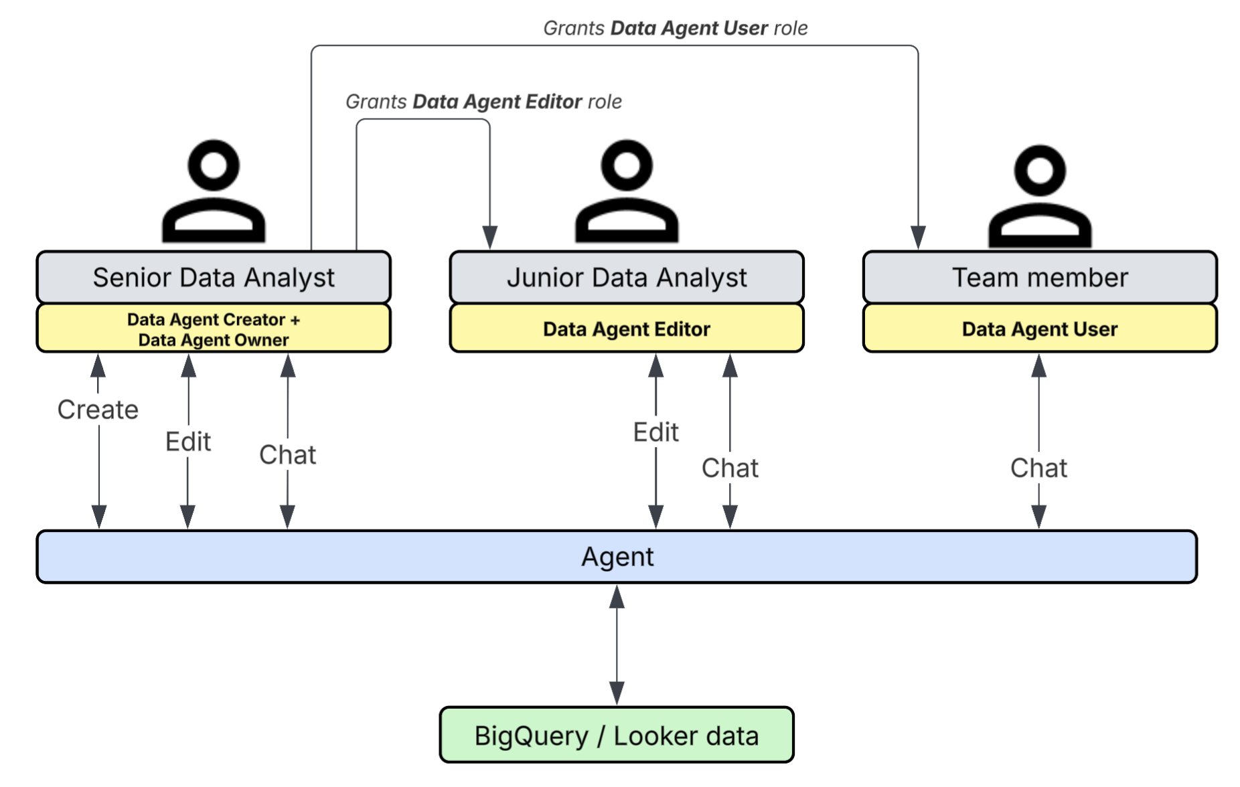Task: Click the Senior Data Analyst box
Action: [213, 277]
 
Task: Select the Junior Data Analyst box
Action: [626, 277]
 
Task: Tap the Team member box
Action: [1039, 277]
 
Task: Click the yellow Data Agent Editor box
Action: [626, 329]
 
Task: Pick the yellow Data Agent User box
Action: [1039, 329]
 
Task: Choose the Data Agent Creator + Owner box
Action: [213, 329]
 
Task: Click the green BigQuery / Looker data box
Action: [616, 735]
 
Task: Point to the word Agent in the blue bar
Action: [617, 556]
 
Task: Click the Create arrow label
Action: [98, 410]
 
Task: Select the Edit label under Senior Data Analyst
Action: [188, 442]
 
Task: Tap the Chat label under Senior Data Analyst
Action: [287, 455]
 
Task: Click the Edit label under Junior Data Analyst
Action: [655, 432]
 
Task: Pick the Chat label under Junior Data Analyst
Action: [730, 468]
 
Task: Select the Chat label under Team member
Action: [1038, 468]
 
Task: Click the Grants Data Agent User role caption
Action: [675, 28]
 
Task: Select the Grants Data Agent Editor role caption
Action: [483, 102]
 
